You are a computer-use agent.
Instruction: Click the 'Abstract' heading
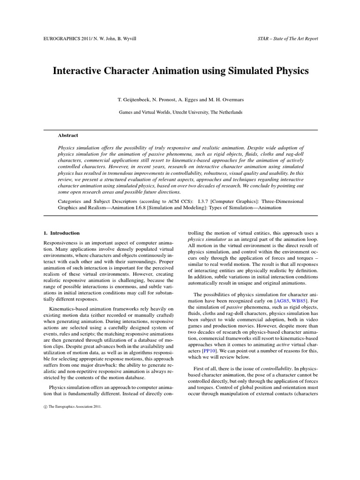click(68, 135)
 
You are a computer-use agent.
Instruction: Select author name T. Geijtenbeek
click(135, 100)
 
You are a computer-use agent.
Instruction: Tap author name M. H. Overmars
click(226, 100)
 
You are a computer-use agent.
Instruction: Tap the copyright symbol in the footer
click(45, 407)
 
